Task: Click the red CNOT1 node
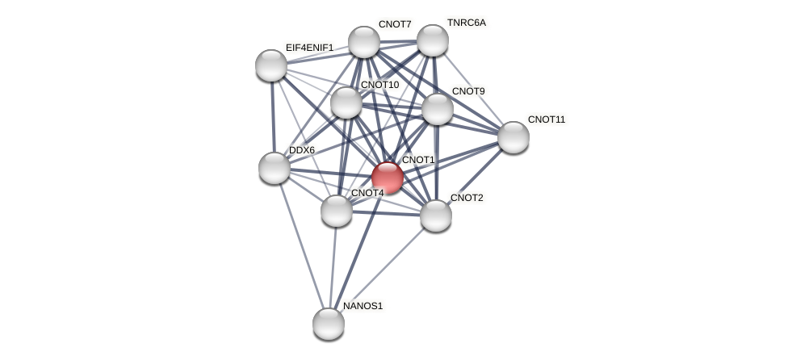click(388, 178)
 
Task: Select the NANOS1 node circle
click(329, 324)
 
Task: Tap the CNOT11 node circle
click(513, 137)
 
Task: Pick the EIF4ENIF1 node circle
click(271, 65)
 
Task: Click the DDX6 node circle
click(275, 168)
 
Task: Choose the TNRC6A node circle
click(433, 40)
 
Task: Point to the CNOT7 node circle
click(364, 42)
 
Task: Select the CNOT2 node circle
click(436, 216)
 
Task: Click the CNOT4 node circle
click(337, 211)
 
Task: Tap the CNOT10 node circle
click(346, 103)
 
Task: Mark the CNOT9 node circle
click(438, 109)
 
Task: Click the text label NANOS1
click(363, 306)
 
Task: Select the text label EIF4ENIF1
click(309, 48)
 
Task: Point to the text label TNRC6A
click(467, 23)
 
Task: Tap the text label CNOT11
click(547, 119)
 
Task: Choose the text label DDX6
click(302, 150)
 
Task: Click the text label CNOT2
click(467, 198)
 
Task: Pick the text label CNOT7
click(395, 24)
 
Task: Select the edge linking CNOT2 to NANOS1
click(382, 270)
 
